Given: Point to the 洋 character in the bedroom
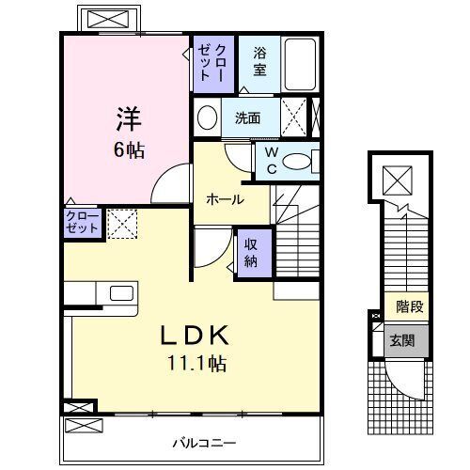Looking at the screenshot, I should (130, 120).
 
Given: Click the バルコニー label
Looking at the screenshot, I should (204, 441).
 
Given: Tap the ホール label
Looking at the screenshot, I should (226, 199).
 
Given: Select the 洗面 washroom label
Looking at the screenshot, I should (247, 118).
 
